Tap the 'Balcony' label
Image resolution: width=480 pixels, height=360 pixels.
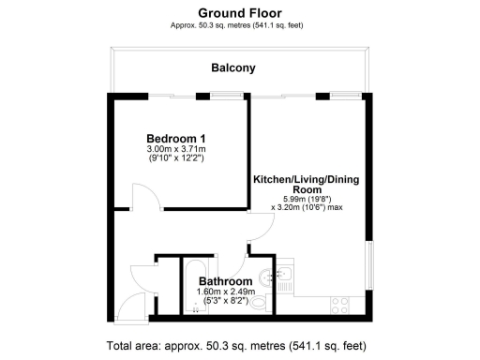[233, 68]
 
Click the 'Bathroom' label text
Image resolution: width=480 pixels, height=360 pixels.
[225, 281]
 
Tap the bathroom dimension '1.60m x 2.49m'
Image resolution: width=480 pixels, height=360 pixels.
[225, 292]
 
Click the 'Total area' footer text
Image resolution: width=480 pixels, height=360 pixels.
[235, 343]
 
